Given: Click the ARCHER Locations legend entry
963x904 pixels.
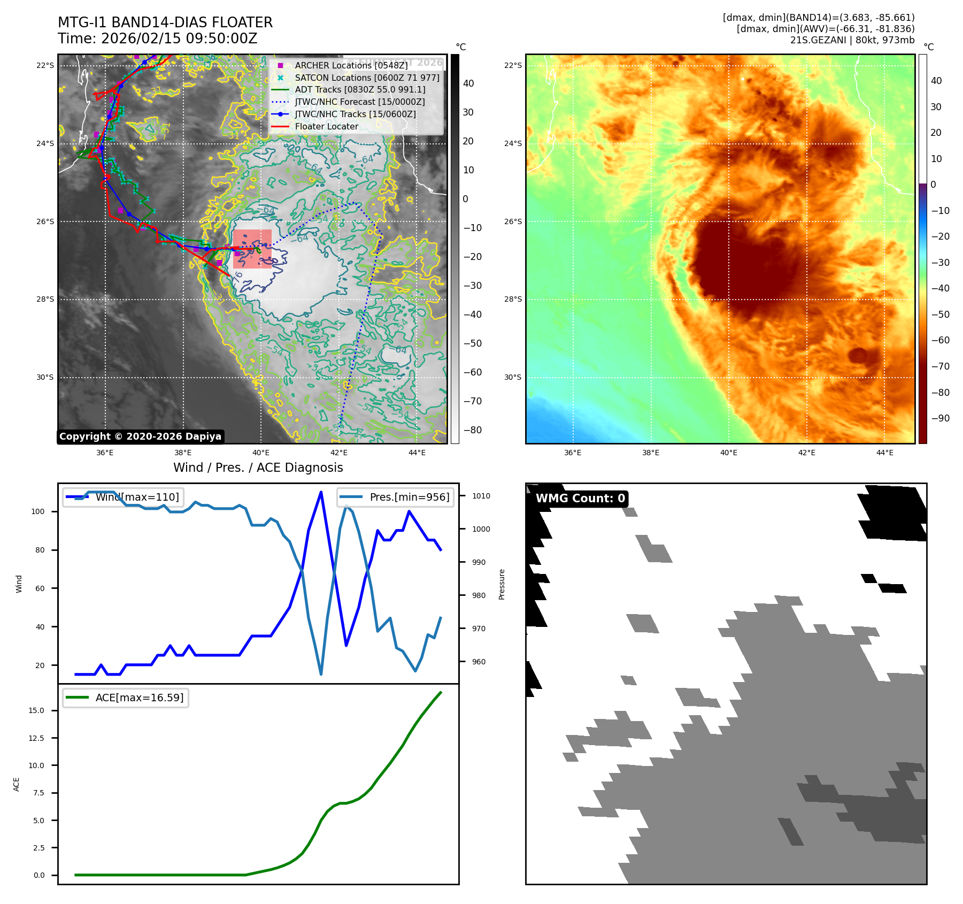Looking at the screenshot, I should pos(351,65).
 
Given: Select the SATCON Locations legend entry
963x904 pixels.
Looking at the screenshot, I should pos(367,78).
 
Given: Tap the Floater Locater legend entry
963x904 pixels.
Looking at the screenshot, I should pos(326,127).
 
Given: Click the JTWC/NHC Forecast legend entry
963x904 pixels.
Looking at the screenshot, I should pos(360,102).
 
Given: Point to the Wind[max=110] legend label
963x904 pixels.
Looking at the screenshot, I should pos(137,497).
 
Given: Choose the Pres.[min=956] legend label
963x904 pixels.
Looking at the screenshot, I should pos(410,497).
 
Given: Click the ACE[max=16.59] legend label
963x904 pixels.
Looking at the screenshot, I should pos(139,698).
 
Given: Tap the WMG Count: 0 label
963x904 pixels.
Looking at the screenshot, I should pos(580,499).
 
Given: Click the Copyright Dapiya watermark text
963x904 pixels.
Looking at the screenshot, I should pos(140,436).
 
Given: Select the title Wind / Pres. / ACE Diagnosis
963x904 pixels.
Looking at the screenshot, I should pos(258,468).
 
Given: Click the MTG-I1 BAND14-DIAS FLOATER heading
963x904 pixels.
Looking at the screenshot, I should pos(165,22).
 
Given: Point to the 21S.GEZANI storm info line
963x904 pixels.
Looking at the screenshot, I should pos(852,40).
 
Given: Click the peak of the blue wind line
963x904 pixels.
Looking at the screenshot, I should pos(321,492).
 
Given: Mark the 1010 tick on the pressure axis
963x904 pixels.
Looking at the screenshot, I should pos(481,496).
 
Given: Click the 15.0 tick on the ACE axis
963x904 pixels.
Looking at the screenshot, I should pos(36,710).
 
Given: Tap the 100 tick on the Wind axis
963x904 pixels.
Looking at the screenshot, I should pos(38,511).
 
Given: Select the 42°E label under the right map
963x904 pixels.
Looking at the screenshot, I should pos(806,453).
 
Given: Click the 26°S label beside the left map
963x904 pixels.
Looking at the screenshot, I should pos(45,221).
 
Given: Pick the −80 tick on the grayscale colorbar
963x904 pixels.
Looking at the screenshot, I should pos(472,430).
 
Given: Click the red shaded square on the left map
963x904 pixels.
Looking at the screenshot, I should pos(252,249).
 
